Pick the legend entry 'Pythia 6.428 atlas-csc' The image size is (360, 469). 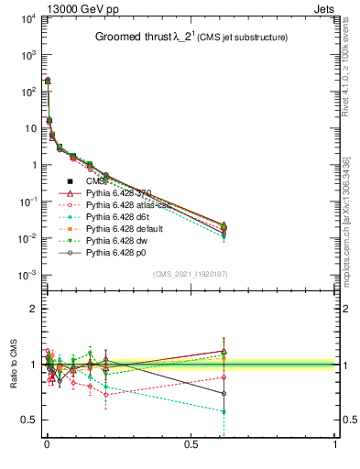(x=129, y=207)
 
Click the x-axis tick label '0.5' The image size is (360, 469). (x=191, y=442)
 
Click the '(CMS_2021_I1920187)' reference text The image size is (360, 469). (x=191, y=273)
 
